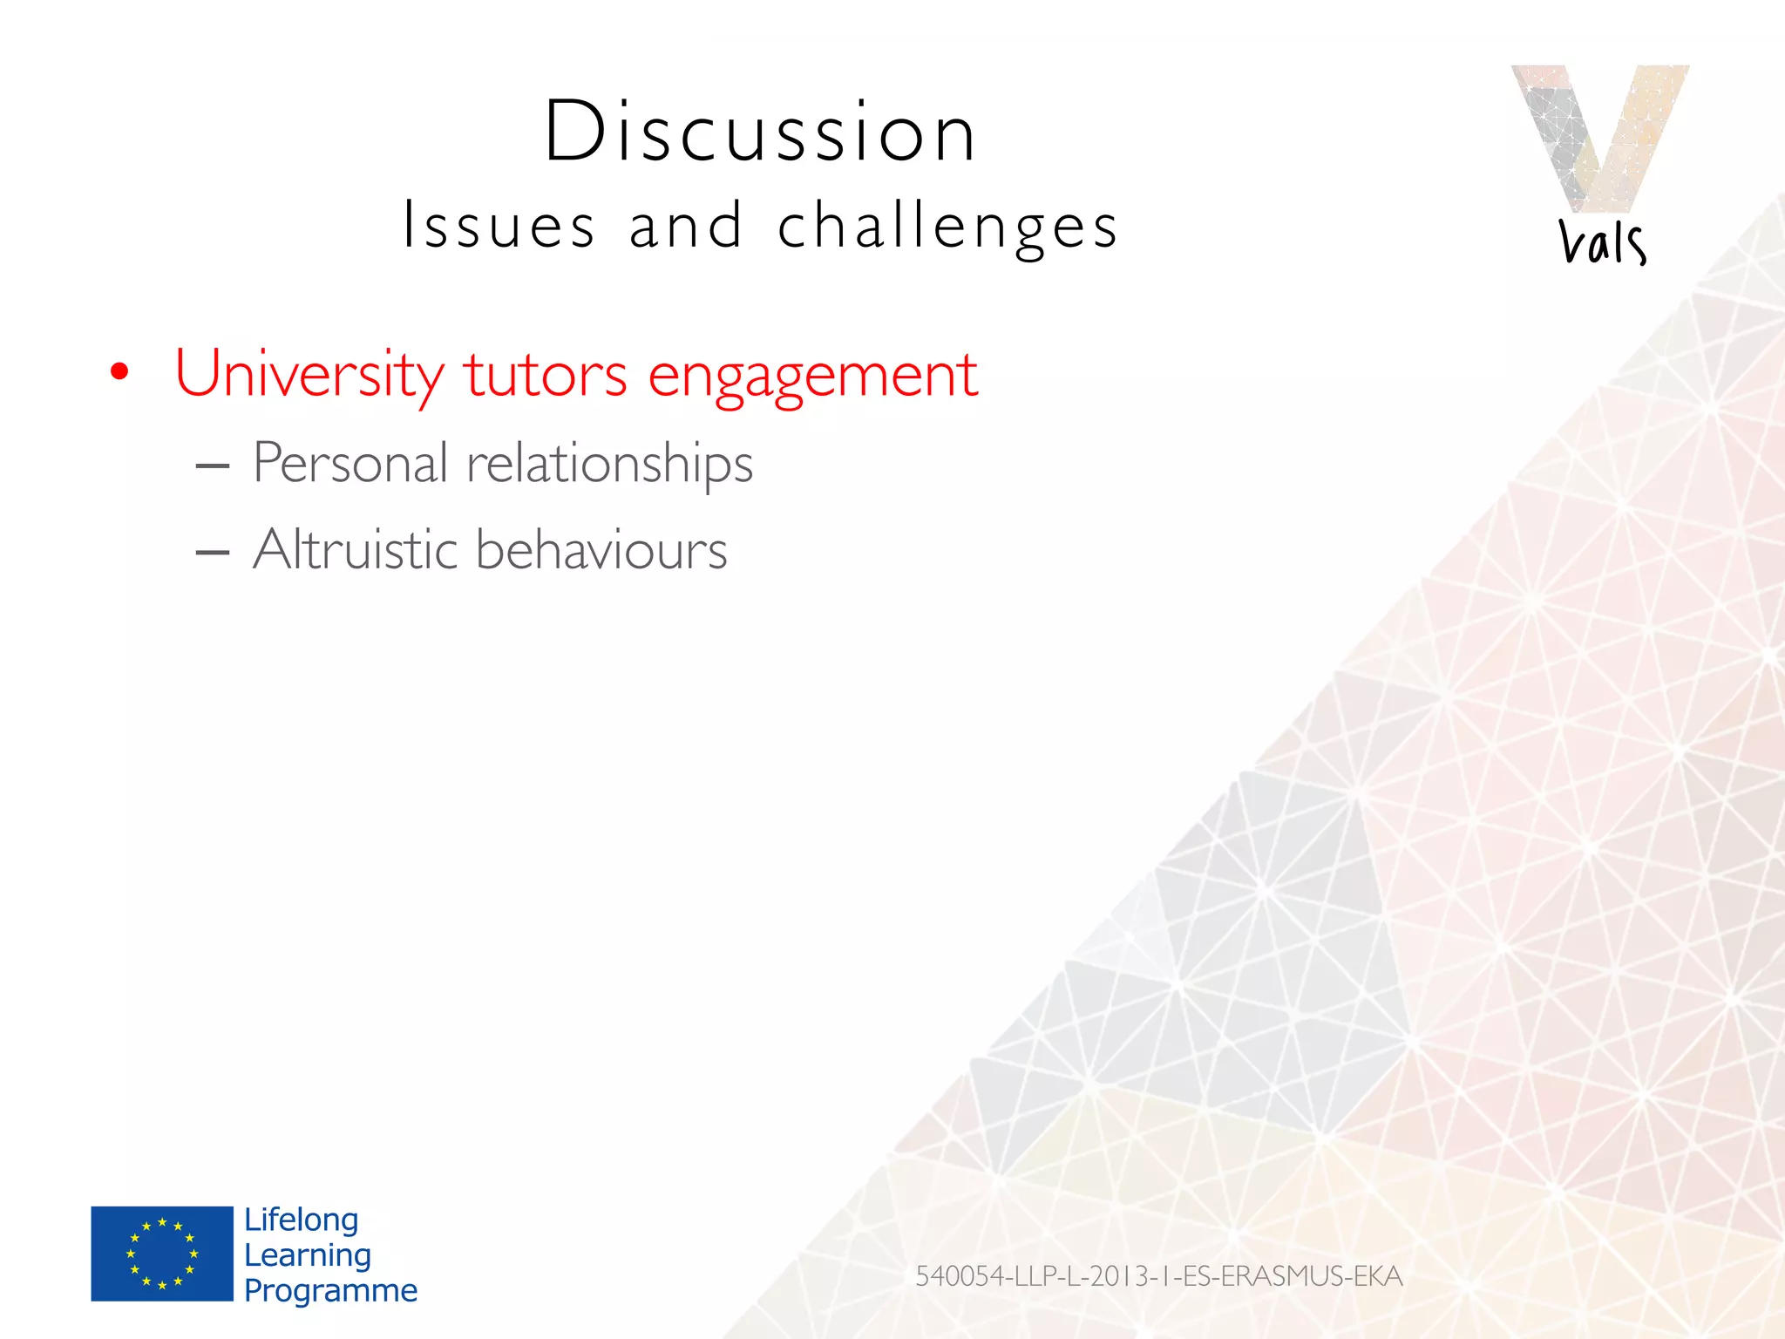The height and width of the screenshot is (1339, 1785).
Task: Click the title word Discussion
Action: point(760,133)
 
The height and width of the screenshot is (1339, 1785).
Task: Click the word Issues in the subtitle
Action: point(499,226)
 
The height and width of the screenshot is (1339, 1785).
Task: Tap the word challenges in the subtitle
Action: point(947,226)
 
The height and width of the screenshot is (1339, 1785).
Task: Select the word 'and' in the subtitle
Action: point(687,226)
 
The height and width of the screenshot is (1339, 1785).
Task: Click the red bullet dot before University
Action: point(119,372)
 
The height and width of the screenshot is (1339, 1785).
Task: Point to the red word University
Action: point(309,375)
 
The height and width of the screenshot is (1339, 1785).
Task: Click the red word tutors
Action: point(545,375)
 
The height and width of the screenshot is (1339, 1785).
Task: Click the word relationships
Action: point(609,465)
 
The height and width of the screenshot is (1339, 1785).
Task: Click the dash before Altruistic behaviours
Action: point(213,553)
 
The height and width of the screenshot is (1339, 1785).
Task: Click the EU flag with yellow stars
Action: point(162,1254)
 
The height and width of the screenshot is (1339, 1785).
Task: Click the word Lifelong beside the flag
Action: point(301,1220)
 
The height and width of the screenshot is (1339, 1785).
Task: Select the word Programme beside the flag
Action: point(330,1290)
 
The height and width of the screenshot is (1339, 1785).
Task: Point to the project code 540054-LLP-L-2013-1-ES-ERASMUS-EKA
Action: point(1158,1276)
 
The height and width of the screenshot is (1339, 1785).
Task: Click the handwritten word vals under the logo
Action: point(1602,242)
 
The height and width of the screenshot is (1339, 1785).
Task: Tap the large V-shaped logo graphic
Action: point(1599,135)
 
